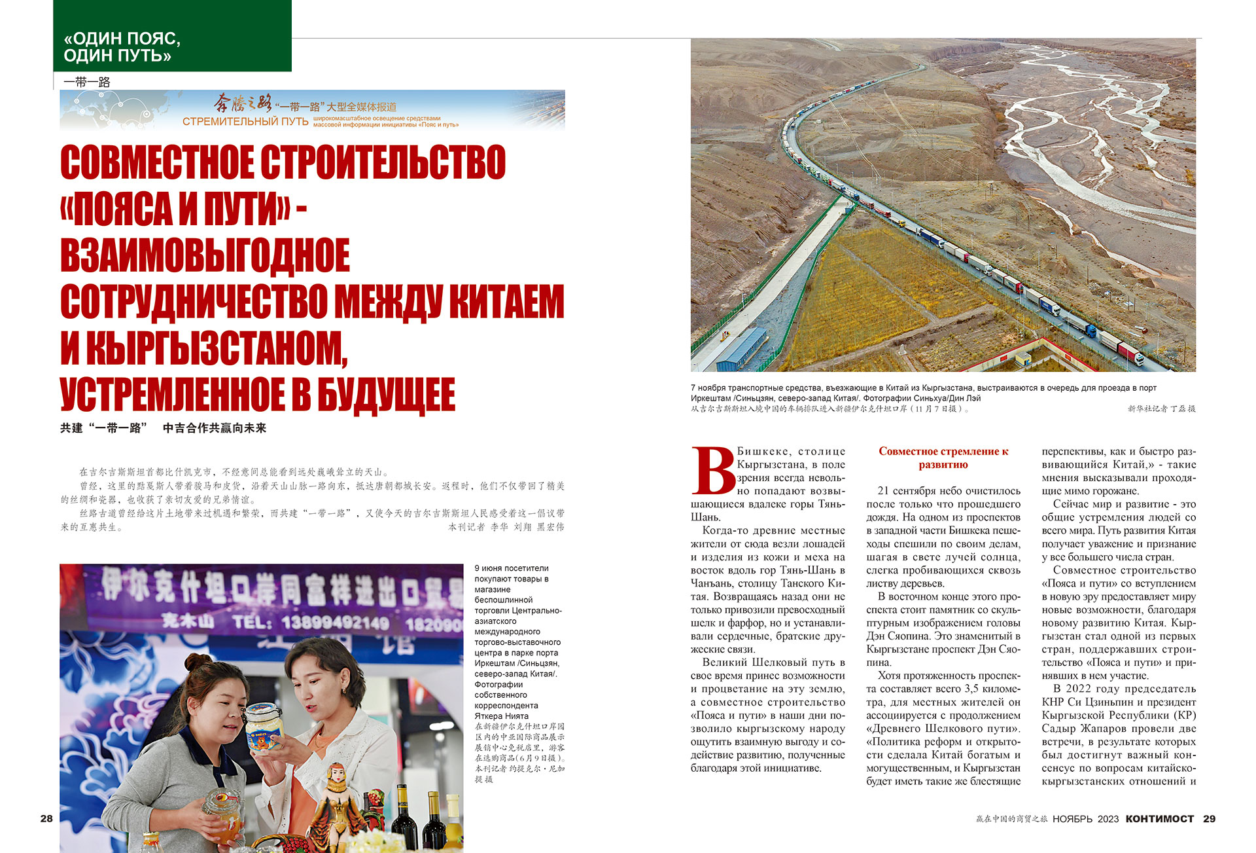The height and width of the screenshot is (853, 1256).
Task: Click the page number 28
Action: pyautogui.click(x=46, y=818)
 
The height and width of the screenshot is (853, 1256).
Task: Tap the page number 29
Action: pyautogui.click(x=1209, y=818)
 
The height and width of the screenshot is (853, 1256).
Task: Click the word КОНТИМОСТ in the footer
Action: pyautogui.click(x=1159, y=818)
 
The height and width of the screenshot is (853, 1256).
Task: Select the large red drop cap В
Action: pyautogui.click(x=712, y=470)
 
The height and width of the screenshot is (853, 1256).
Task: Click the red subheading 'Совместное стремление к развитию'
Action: pyautogui.click(x=943, y=458)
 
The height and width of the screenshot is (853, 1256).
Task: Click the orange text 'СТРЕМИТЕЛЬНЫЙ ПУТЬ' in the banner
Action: pyautogui.click(x=245, y=122)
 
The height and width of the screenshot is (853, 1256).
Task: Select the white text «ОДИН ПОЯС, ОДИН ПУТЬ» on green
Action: pyautogui.click(x=122, y=47)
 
